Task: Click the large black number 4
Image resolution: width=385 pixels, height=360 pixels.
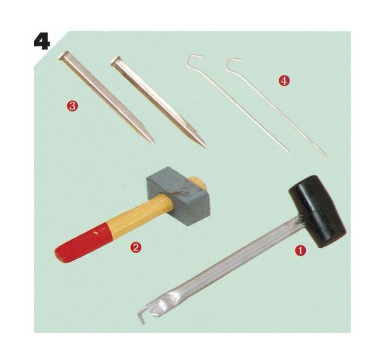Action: pos(42,42)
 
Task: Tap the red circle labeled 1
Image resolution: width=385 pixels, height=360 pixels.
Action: pos(300,250)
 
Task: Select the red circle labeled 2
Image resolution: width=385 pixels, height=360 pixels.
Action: pos(136,247)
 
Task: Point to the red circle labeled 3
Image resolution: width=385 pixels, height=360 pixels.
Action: pos(72,106)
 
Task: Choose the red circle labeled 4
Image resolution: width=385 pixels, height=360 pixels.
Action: pos(284,81)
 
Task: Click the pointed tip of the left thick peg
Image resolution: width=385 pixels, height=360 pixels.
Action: pos(153,143)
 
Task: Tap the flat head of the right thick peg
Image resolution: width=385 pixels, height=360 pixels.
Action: pos(117,61)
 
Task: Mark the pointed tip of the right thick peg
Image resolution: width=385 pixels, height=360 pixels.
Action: pos(205,146)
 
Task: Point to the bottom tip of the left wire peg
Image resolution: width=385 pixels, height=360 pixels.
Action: pos(289,151)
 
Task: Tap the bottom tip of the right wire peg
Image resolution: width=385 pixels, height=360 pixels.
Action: pos(326,155)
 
